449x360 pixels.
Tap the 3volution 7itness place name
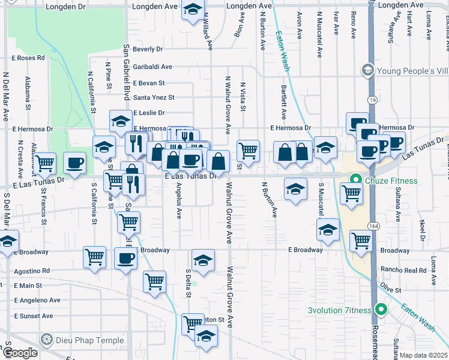point(340,310)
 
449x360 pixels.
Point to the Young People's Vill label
point(412,71)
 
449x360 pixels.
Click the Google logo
point(20,352)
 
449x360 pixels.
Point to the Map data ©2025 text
point(423,355)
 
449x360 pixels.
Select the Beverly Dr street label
point(148,49)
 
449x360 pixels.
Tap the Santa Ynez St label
point(154,97)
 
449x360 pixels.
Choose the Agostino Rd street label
point(33,271)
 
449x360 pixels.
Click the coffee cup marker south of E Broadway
point(125,259)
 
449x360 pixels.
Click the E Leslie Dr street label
point(149,113)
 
